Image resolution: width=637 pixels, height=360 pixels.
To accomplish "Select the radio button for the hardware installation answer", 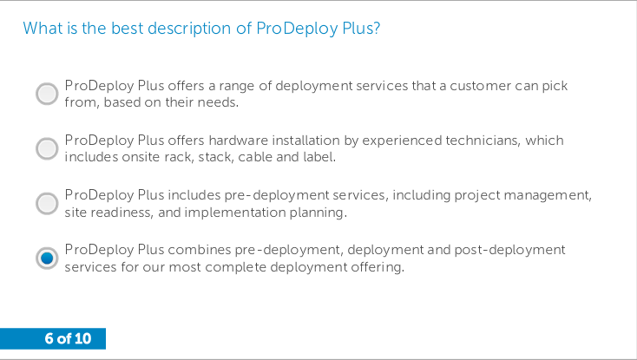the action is (x=47, y=148).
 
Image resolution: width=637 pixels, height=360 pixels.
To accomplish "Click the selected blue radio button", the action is (x=47, y=258).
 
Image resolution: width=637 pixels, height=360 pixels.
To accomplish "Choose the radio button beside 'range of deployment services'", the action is (x=47, y=94).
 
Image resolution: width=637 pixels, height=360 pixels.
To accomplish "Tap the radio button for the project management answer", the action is (x=47, y=203).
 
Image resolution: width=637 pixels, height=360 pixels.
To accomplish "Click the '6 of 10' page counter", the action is (x=68, y=338).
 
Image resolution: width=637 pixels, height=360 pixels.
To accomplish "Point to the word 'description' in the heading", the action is (x=190, y=29).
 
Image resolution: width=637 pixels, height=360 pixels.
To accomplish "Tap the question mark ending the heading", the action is (x=376, y=29).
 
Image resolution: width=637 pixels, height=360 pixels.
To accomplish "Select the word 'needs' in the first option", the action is (x=217, y=102).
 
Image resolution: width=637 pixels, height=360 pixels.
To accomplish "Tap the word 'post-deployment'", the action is (x=509, y=250).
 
